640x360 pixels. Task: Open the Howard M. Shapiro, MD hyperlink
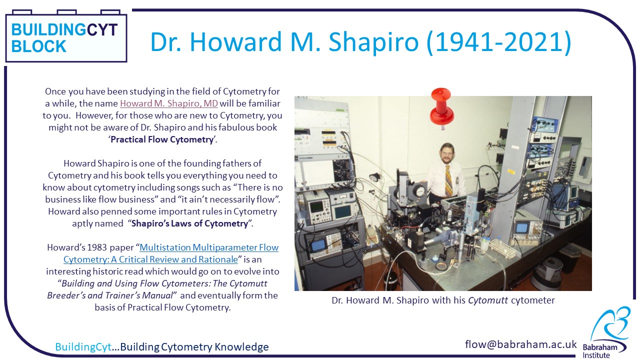169,103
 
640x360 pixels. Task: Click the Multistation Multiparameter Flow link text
209,247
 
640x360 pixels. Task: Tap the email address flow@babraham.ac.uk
520,344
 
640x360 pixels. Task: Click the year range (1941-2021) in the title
499,42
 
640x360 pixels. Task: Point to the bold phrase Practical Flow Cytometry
162,139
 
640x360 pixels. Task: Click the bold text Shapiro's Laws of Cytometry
189,223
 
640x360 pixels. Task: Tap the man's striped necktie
449,180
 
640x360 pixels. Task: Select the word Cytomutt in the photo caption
488,300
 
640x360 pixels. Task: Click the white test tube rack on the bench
503,248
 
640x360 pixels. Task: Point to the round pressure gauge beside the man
419,191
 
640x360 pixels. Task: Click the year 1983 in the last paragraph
97,247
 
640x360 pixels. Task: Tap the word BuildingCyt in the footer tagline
83,347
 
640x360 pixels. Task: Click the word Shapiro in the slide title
373,42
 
